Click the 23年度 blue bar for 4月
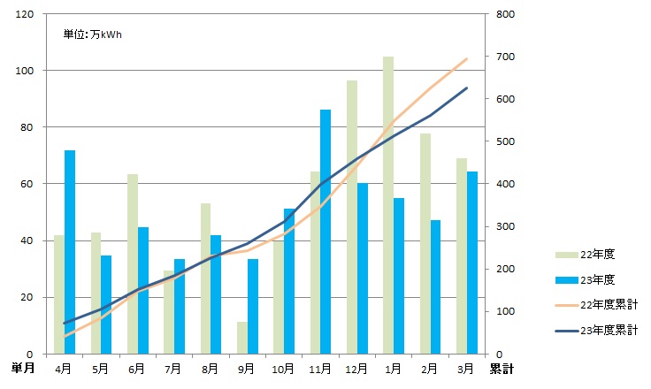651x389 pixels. tap(69, 252)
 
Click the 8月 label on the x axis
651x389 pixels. tap(210, 368)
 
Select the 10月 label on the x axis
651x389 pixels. tap(283, 368)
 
